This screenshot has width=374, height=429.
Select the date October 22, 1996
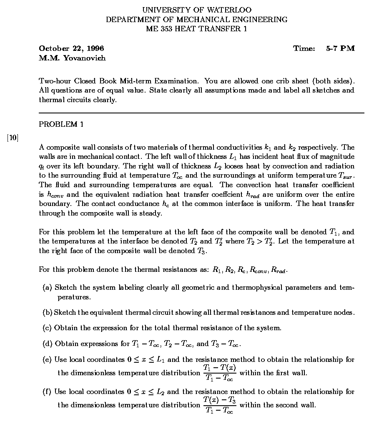pos(71,48)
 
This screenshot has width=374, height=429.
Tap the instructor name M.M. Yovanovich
pos(72,58)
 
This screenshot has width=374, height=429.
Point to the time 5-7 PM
pos(340,48)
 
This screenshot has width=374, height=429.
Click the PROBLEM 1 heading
pos(61,124)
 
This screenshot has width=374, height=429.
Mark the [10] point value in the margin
pos(13,137)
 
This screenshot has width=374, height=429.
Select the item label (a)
pos(48,288)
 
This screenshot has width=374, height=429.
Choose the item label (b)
pos(48,313)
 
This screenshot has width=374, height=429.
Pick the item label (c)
pos(48,328)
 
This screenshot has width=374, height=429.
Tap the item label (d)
pos(48,344)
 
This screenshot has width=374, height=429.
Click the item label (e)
pos(48,360)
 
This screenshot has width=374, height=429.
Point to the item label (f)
pos(48,392)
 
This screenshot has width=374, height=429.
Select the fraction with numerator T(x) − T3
pos(220,405)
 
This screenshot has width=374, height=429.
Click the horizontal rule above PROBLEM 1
pos(201,113)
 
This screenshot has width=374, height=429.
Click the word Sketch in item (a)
pos(66,288)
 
